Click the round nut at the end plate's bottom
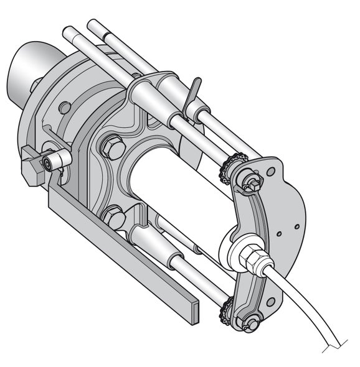click(x=250, y=323)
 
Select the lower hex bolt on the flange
click(x=114, y=218)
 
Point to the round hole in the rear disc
click(x=65, y=107)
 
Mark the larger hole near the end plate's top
click(x=270, y=172)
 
